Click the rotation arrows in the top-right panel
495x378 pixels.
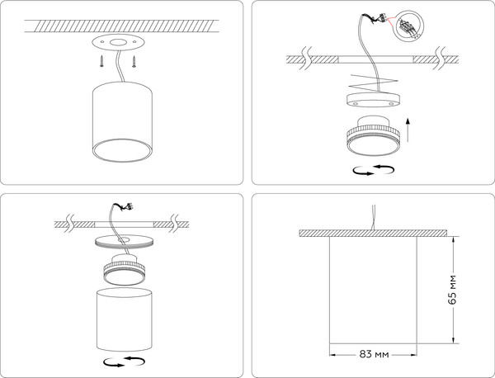371,171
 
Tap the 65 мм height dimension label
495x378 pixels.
452,289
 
